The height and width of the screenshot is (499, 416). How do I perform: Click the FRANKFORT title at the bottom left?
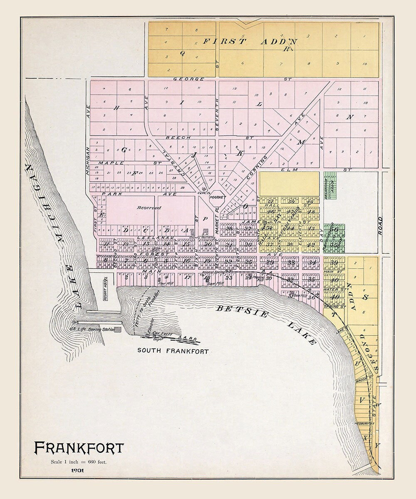point(79,448)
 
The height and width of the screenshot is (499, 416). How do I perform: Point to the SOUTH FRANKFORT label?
point(173,351)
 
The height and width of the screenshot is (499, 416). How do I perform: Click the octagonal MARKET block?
point(217,197)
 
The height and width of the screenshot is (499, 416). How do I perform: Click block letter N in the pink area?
point(350,117)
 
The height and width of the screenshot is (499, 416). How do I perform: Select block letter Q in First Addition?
point(182,53)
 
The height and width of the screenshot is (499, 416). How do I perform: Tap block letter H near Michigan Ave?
point(117,108)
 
